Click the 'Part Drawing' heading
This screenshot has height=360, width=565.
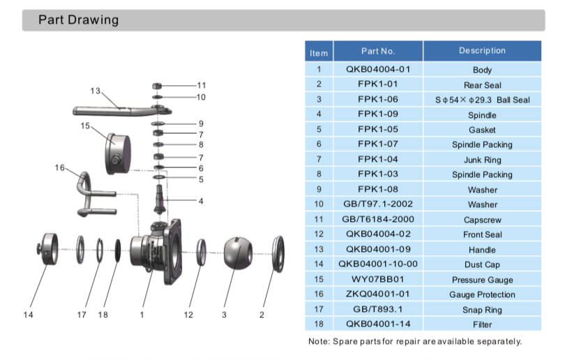coord(78,20)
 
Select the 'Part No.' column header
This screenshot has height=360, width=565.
coord(378,51)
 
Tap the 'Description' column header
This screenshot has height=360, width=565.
coord(482,51)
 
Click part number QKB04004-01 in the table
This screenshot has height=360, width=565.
coord(378,69)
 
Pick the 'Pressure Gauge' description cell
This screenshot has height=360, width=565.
coord(482,280)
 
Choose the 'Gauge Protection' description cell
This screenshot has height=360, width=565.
coord(482,294)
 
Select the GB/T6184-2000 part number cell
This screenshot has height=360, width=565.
coord(378,219)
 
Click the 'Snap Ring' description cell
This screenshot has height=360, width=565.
coord(482,310)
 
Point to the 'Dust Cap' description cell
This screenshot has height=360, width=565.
coord(482,264)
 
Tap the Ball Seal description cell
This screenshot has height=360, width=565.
coord(482,100)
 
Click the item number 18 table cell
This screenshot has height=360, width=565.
coord(319,324)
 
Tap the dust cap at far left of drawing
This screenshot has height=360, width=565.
coord(51,249)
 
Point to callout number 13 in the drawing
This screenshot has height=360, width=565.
coord(96,91)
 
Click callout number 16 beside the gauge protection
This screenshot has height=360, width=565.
coord(60,167)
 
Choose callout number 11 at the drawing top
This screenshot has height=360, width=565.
coord(202,85)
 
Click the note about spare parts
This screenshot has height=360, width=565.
coord(414,341)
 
